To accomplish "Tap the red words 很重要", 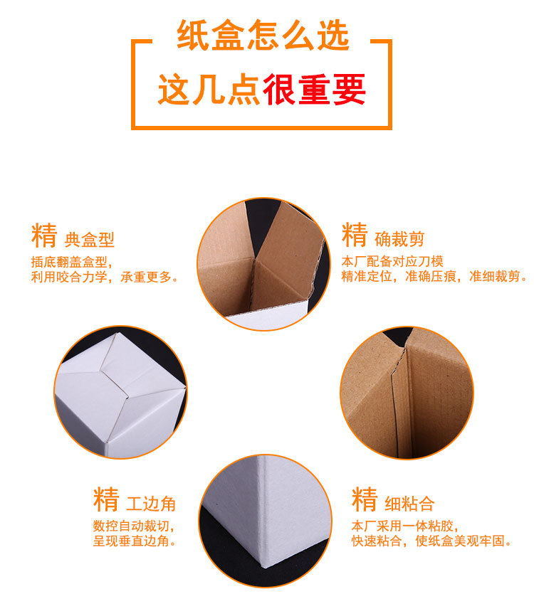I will (314, 90).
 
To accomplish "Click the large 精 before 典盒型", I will (44, 235).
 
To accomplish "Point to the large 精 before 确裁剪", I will (355, 235).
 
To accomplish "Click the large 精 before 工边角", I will (105, 499).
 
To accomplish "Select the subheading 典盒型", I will (89, 239).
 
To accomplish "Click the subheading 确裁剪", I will (399, 239).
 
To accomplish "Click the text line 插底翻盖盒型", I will (71, 261).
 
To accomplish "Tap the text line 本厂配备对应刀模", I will (392, 260).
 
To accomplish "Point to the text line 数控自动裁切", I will (132, 526).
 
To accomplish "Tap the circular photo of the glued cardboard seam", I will (407, 393).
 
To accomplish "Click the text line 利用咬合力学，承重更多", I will (105, 277).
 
